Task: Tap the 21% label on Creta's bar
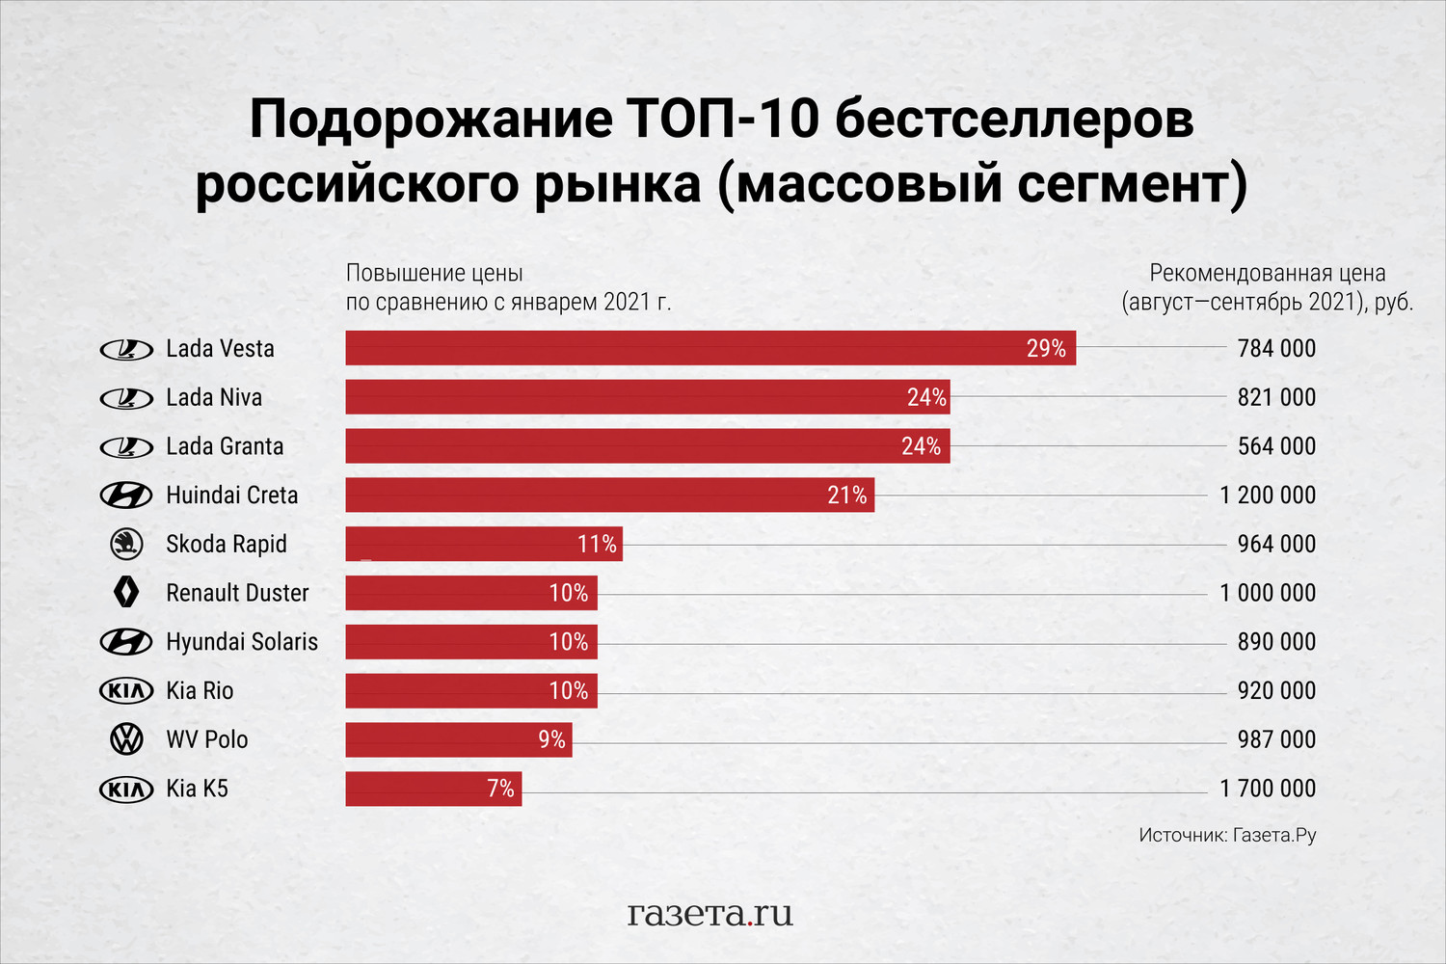click(847, 495)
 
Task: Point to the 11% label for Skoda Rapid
click(597, 545)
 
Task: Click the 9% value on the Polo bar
click(551, 739)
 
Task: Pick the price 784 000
click(1276, 349)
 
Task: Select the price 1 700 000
click(1267, 789)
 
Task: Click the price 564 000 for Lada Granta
click(1276, 446)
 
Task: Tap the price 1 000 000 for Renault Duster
click(1267, 593)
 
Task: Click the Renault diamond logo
click(126, 593)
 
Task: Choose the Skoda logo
click(126, 544)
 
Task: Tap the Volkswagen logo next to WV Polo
click(126, 739)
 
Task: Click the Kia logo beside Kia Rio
click(126, 690)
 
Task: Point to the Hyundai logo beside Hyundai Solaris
click(126, 642)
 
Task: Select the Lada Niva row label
click(214, 397)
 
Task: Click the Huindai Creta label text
click(231, 495)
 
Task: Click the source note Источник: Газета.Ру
click(1226, 835)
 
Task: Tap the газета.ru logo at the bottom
click(710, 912)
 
